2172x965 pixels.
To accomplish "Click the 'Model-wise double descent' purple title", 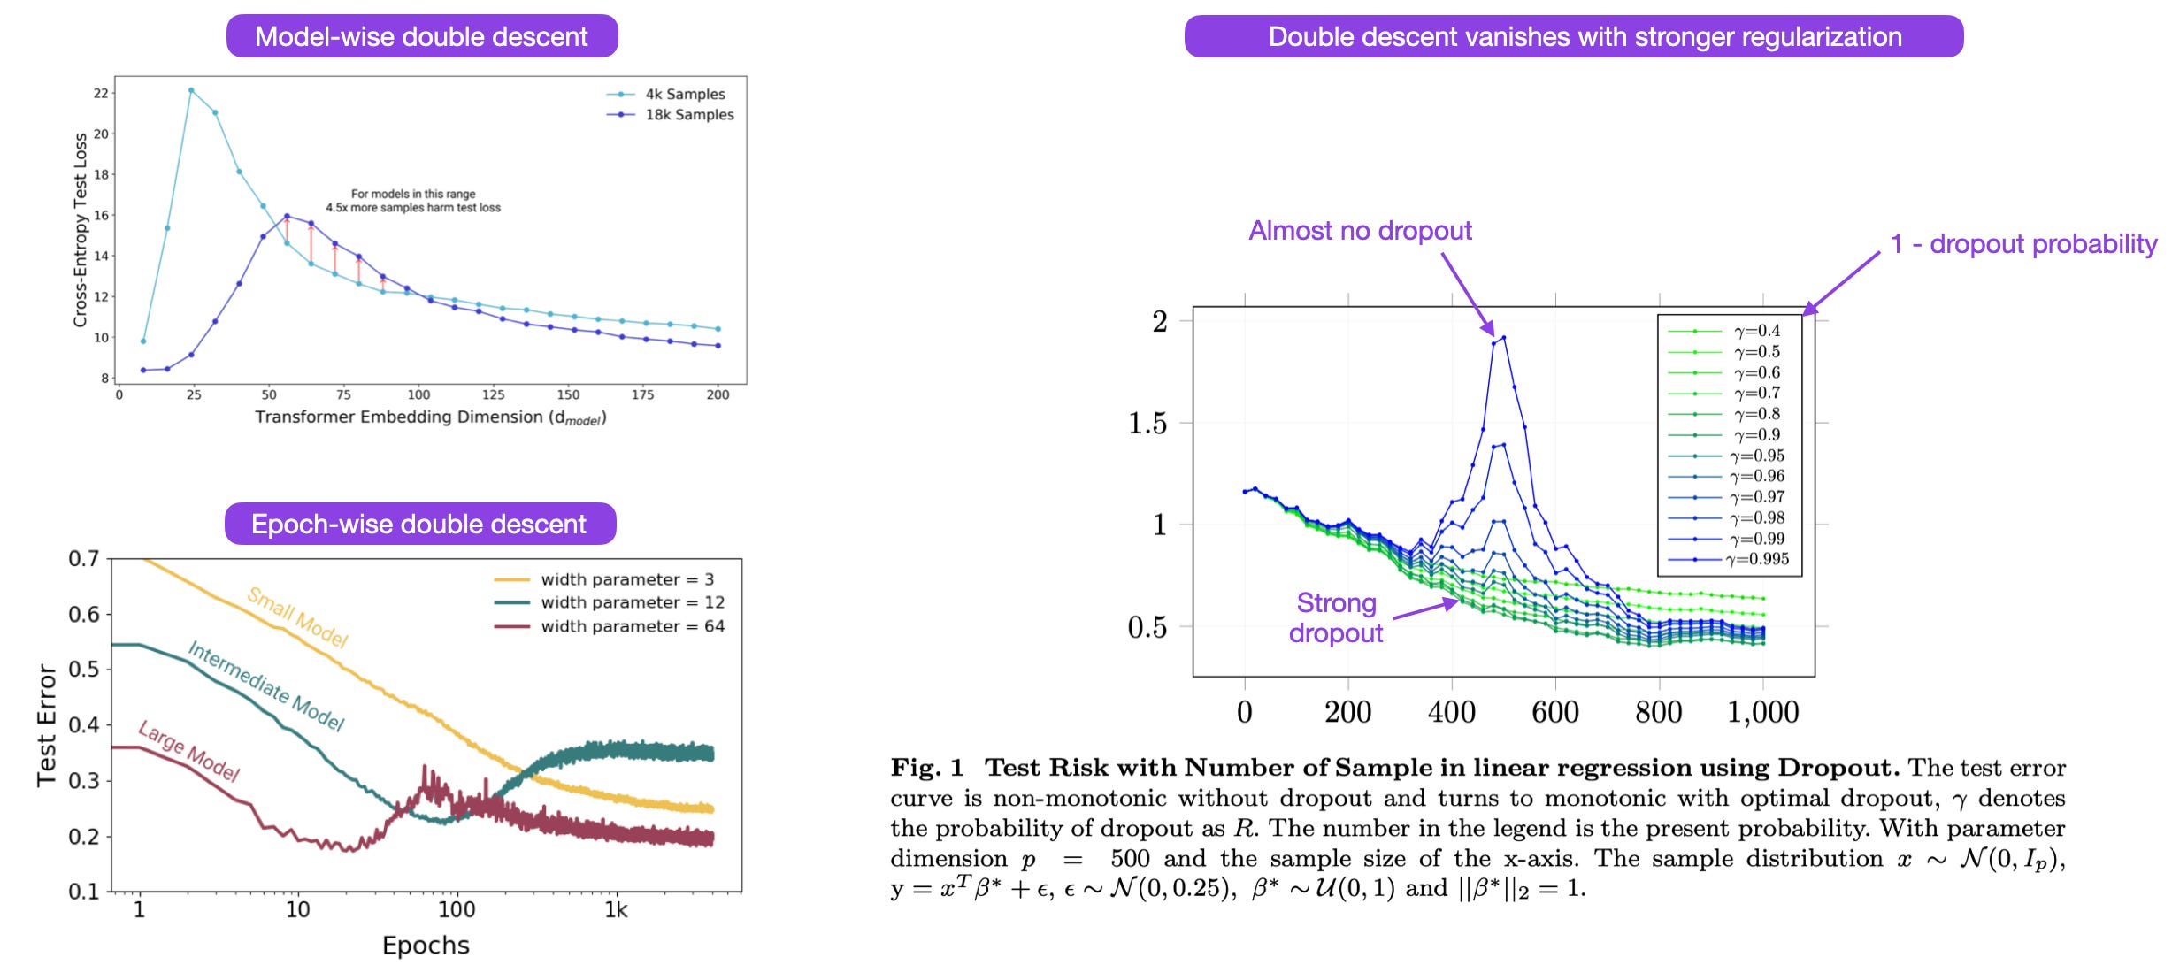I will tap(421, 37).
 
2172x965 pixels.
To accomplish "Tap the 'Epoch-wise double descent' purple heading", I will tap(419, 525).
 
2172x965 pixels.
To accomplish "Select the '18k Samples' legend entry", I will tap(688, 115).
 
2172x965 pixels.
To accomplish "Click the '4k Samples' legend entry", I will tap(684, 94).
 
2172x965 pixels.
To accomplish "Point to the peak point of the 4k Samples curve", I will tap(191, 90).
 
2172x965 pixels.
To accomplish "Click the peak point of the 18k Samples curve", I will tap(287, 216).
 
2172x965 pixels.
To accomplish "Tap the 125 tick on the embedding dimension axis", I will tap(494, 394).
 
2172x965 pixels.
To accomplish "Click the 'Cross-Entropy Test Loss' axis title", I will tap(81, 230).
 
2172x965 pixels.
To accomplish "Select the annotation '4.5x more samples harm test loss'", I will tap(413, 208).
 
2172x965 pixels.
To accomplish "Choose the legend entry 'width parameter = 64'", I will tap(632, 626).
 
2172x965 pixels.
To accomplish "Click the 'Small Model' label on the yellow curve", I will tap(297, 617).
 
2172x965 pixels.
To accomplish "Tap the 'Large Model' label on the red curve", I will tap(189, 751).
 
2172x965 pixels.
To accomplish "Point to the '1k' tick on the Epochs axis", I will tap(616, 910).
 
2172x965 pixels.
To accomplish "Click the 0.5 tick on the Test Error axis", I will tap(84, 670).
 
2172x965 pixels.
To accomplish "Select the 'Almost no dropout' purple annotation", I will tap(1360, 231).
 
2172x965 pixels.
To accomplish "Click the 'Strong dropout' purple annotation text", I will tap(1336, 617).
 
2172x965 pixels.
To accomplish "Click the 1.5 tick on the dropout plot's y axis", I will tap(1147, 424).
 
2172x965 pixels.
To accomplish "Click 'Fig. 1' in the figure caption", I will tap(926, 768).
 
